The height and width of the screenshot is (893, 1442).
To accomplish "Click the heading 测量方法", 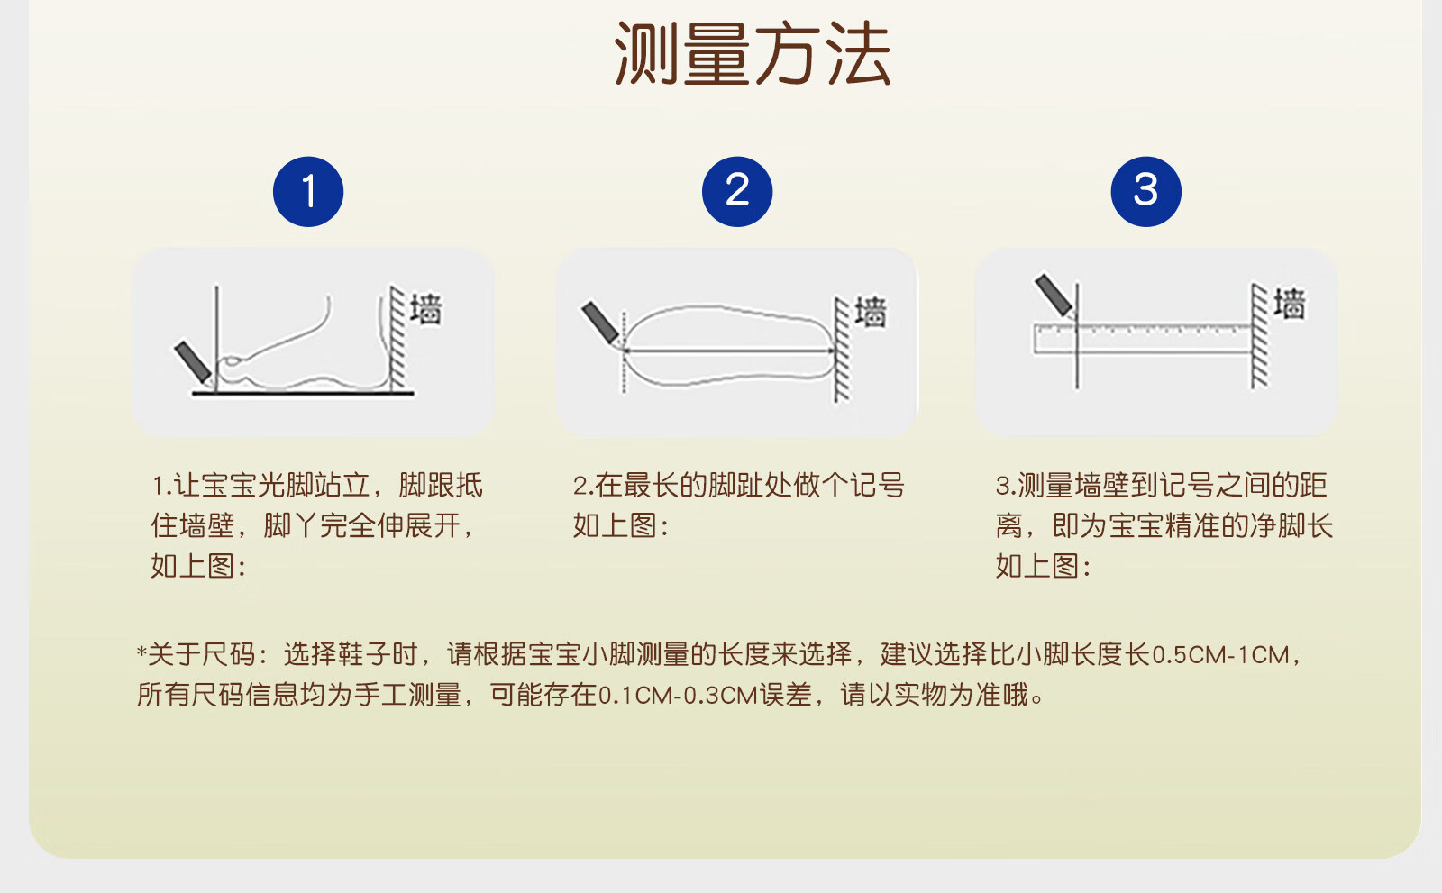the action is point(753,53).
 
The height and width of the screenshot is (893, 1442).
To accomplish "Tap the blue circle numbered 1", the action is point(308,192).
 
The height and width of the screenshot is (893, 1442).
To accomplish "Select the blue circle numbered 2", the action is point(737,192).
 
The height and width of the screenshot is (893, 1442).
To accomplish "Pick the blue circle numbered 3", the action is point(1145,192).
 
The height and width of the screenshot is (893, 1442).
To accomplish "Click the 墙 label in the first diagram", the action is point(426,310).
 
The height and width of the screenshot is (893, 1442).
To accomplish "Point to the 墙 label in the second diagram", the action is point(871,313).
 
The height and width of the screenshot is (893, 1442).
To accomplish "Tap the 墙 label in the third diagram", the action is point(1290,304).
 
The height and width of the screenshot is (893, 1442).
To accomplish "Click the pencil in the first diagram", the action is point(193,363).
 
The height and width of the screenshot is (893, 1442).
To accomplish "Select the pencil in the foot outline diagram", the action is point(601,323).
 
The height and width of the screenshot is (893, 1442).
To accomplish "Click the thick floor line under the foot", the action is point(303,393).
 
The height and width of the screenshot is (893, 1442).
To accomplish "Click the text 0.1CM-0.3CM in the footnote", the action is point(677,696).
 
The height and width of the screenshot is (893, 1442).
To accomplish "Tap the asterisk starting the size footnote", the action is point(141,652).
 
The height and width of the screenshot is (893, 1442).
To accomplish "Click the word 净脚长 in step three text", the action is point(1291,526).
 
